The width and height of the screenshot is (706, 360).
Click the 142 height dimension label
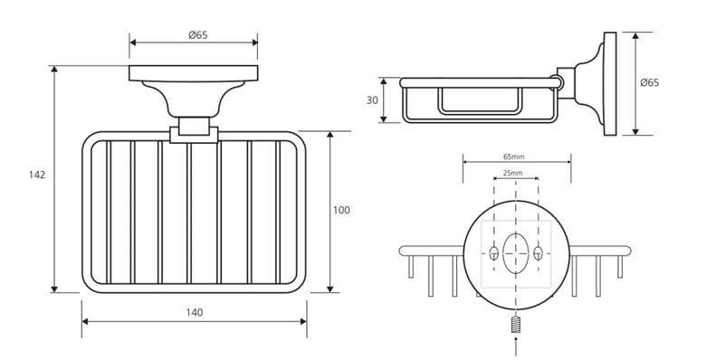click(x=37, y=175)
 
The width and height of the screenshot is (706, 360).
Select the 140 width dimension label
click(x=195, y=312)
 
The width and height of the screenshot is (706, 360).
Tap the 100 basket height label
click(x=341, y=210)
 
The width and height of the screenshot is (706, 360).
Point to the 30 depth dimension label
click(x=372, y=100)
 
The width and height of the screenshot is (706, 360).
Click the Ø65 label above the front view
click(x=198, y=35)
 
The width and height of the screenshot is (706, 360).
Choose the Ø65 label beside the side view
click(x=650, y=83)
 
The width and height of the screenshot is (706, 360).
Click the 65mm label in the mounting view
click(x=514, y=157)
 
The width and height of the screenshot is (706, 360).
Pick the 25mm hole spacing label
click(x=513, y=173)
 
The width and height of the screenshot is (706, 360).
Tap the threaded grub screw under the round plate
click(x=516, y=324)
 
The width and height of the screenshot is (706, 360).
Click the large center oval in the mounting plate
click(x=516, y=253)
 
